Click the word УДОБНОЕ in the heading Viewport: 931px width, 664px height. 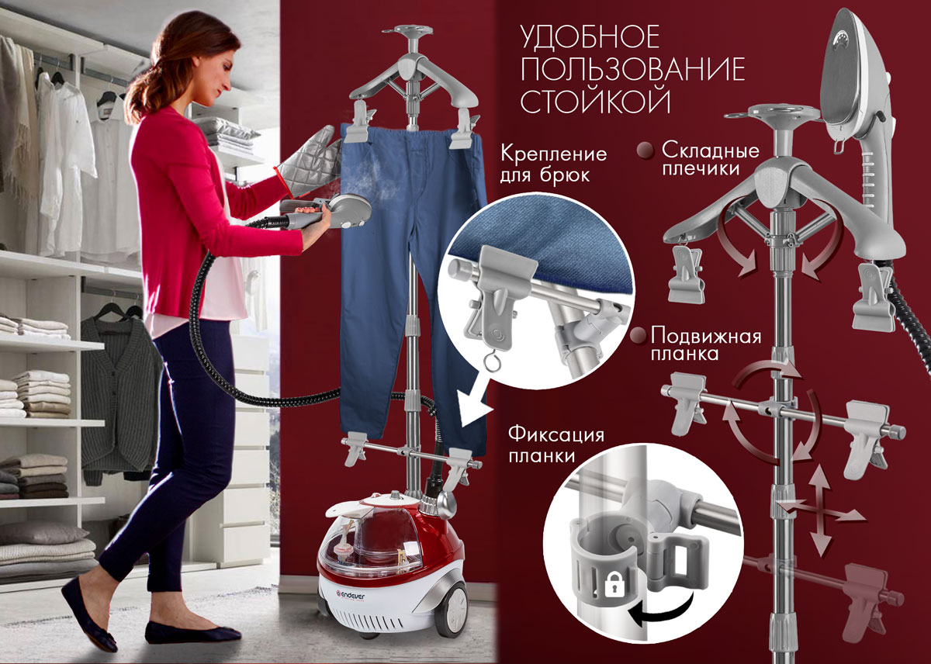(590, 38)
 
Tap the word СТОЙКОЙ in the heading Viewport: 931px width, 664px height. (595, 100)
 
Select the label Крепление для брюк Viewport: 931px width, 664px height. (553, 164)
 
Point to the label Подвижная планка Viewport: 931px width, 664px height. (706, 344)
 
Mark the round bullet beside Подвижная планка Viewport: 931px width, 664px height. (639, 336)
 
